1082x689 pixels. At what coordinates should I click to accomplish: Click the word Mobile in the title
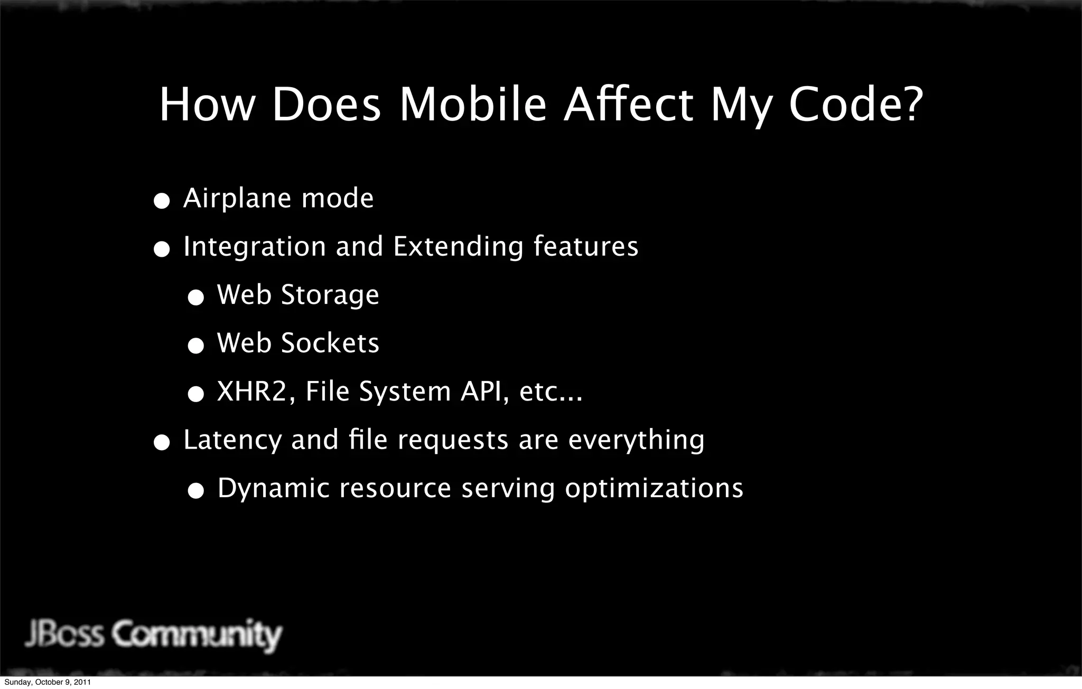[x=472, y=105]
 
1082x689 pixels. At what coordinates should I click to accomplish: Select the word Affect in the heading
[x=628, y=105]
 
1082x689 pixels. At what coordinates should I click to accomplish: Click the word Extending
[x=458, y=247]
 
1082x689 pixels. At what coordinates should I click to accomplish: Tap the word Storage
[x=330, y=295]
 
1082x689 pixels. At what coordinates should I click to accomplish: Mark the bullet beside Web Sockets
[x=195, y=346]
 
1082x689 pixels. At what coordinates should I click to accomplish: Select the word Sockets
[x=330, y=343]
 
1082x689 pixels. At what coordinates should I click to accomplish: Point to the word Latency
[x=232, y=440]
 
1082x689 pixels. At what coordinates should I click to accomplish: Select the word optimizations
[x=654, y=488]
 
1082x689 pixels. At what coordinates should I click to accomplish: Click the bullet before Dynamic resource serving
[x=195, y=491]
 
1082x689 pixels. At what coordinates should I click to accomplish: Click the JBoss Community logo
[x=153, y=635]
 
